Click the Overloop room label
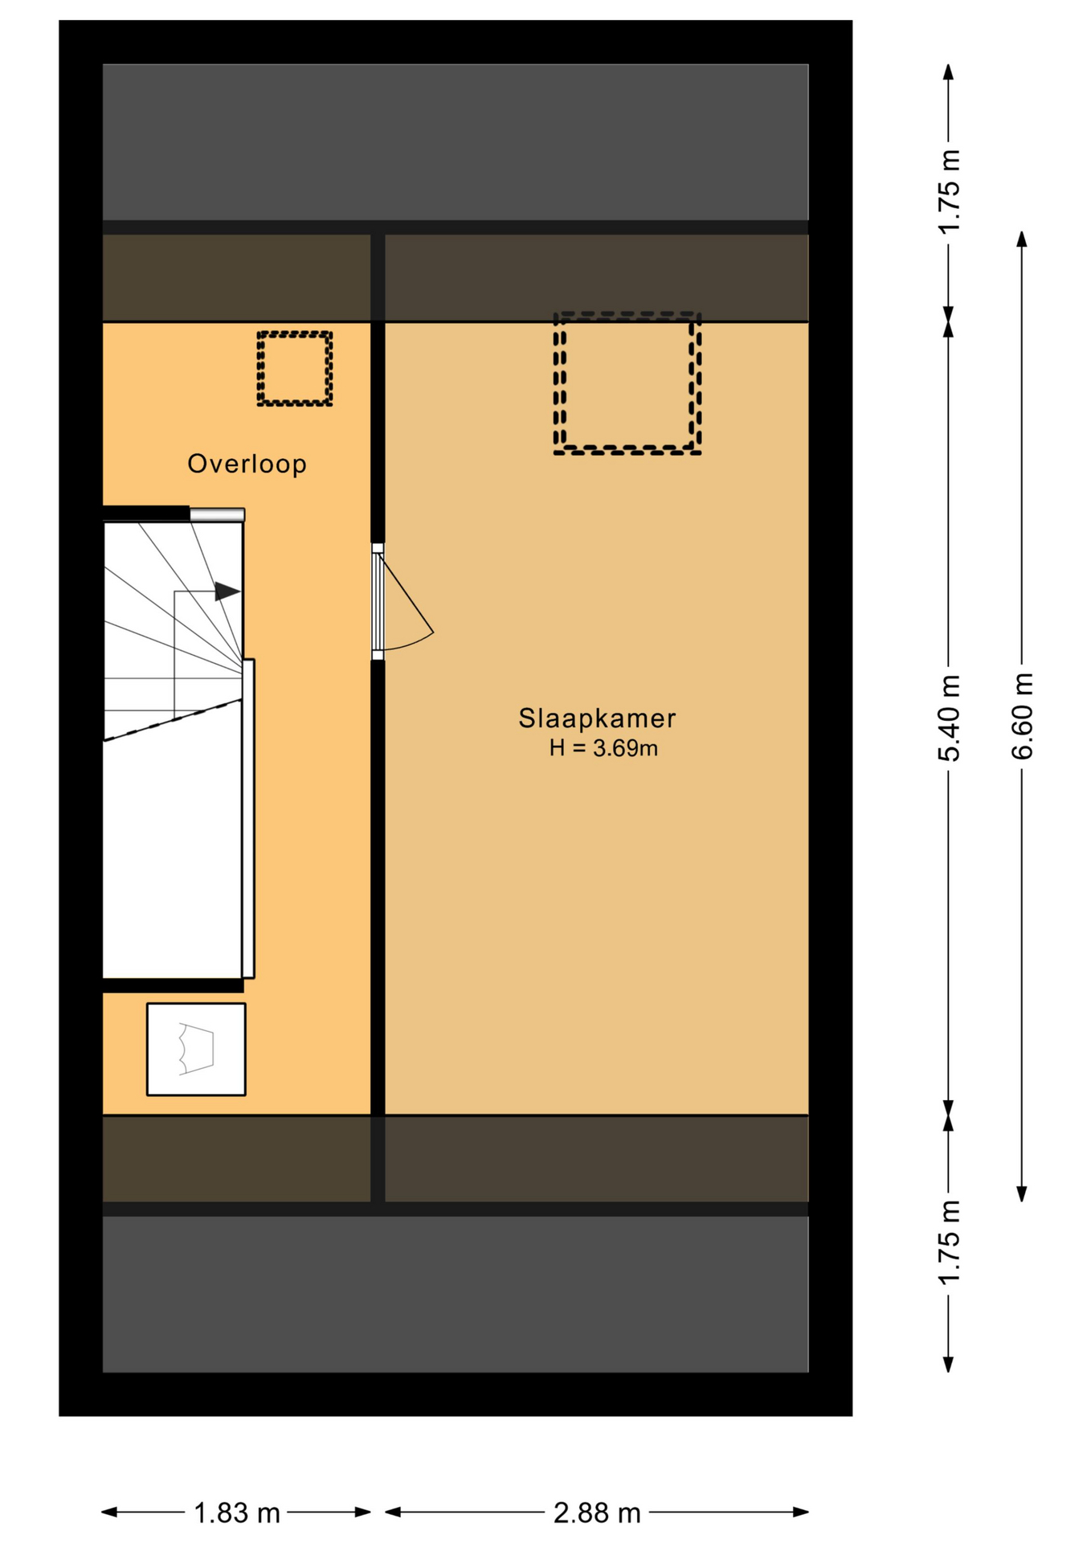click(247, 464)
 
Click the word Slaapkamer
click(596, 718)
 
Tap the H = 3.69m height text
click(603, 748)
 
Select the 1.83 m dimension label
click(236, 1513)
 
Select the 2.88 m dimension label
click(596, 1513)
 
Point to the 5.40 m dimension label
click(948, 718)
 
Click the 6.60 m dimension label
click(1022, 715)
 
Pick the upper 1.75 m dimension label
click(949, 191)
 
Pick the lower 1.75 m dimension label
click(949, 1242)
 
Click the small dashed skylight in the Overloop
click(294, 368)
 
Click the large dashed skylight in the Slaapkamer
click(627, 383)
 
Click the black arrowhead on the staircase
click(227, 591)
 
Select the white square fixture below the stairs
click(196, 1049)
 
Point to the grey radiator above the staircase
click(217, 514)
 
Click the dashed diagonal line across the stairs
click(173, 719)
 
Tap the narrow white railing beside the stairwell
click(249, 818)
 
